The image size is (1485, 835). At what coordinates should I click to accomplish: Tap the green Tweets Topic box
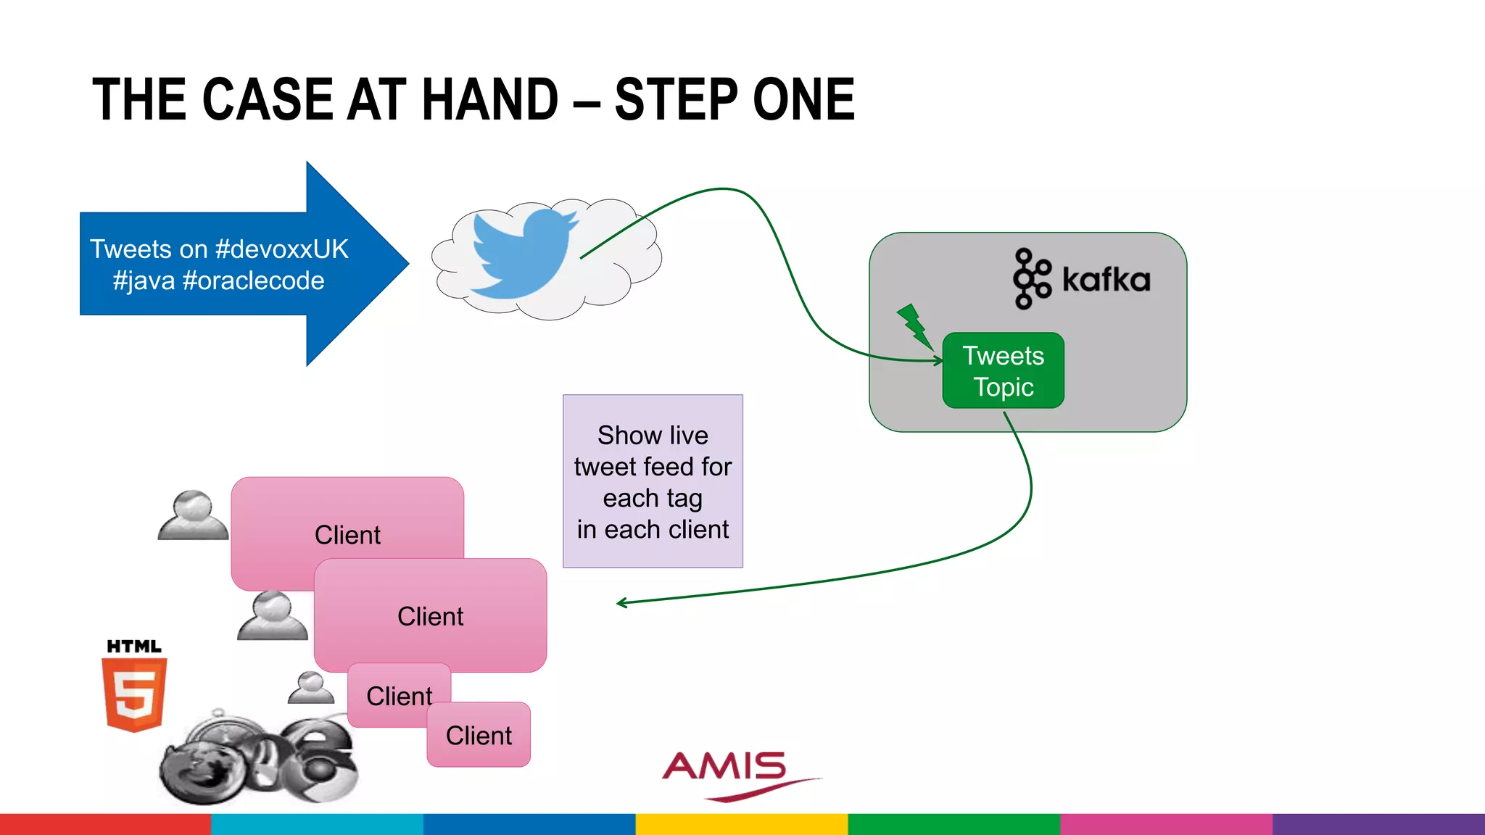[1003, 370]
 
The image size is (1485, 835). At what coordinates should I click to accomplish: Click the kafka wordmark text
[1106, 280]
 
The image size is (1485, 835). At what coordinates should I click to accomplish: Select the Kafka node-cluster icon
[1031, 279]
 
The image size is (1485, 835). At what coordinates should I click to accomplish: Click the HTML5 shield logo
[135, 693]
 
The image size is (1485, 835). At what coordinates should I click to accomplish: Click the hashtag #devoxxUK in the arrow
[282, 249]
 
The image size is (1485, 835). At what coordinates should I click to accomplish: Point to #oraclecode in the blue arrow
[254, 281]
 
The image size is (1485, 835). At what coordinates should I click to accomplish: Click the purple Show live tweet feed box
[653, 481]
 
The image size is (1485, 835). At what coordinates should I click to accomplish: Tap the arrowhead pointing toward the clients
[621, 602]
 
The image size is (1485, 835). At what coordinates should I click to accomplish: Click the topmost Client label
[347, 535]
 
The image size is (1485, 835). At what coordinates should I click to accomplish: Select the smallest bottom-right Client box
[479, 735]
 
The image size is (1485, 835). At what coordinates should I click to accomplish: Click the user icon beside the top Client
[193, 515]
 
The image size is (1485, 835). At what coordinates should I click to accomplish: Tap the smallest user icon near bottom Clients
[311, 688]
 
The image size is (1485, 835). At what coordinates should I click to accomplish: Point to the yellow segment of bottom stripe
[741, 824]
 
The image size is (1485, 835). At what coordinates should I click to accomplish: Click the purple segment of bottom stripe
[1378, 824]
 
